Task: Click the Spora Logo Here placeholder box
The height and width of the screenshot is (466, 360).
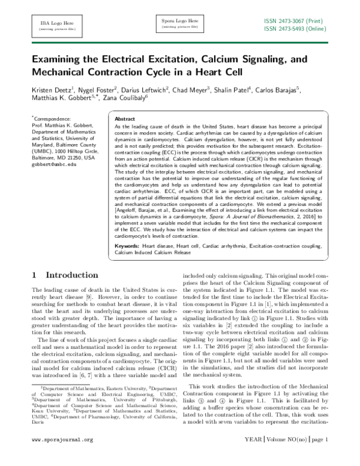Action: [180, 25]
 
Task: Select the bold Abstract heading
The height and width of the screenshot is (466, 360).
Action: [124, 120]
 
